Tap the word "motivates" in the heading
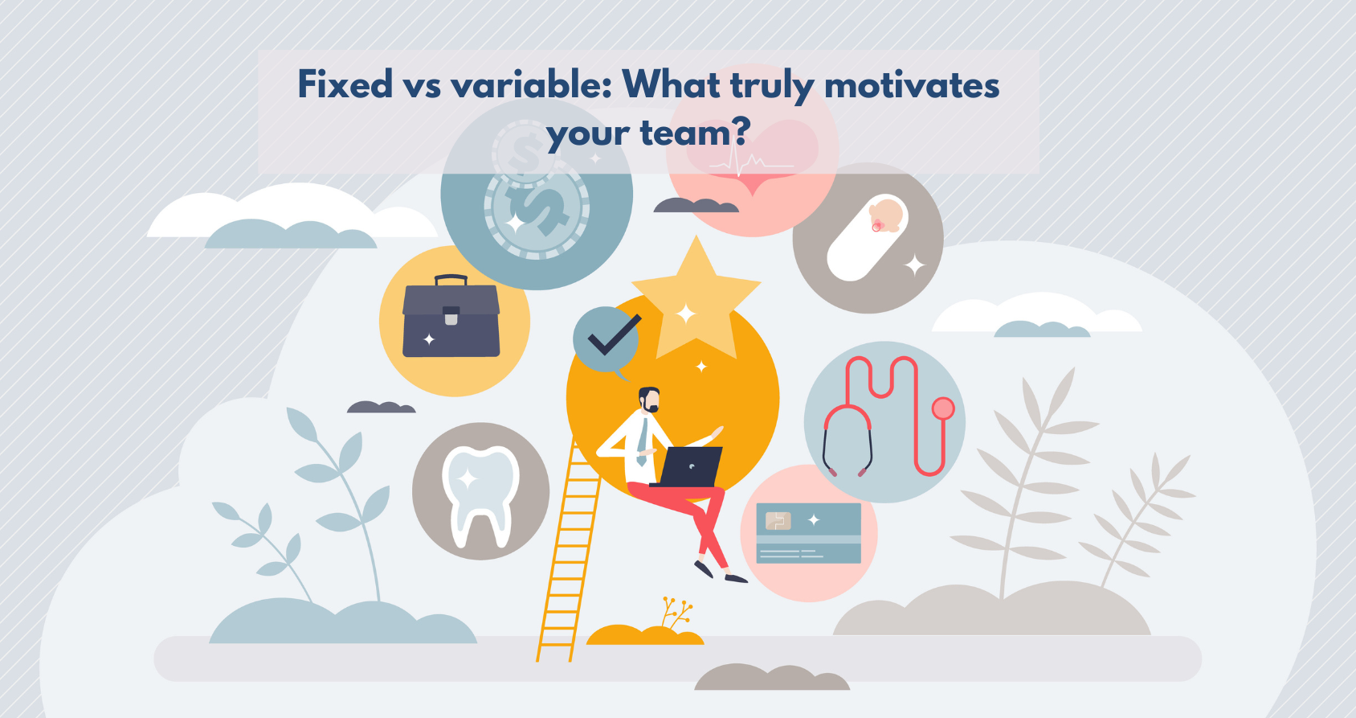[912, 85]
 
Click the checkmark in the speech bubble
[614, 335]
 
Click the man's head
[649, 400]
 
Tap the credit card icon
[809, 533]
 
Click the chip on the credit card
[778, 520]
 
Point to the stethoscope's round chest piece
[942, 408]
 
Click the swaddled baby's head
[886, 215]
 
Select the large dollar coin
[537, 206]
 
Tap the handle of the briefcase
[451, 280]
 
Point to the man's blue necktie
[643, 442]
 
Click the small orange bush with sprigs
[645, 627]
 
